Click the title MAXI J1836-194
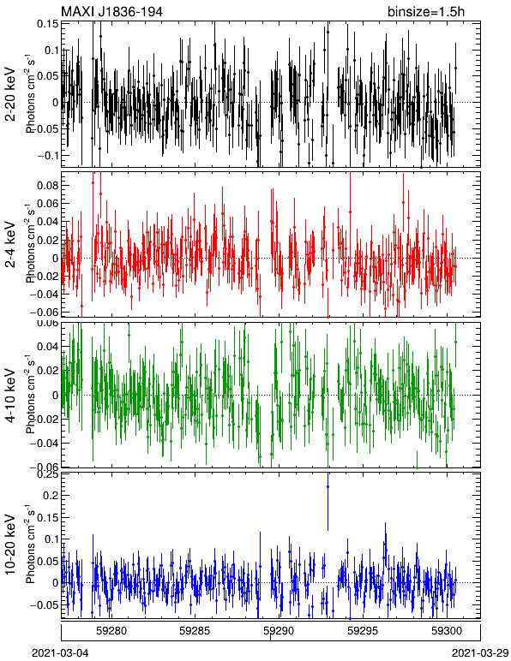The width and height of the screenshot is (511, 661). click(x=111, y=11)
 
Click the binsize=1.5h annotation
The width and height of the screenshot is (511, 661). click(x=426, y=11)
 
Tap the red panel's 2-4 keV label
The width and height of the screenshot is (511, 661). click(x=10, y=245)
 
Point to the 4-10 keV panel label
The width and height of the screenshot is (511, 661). click(x=10, y=395)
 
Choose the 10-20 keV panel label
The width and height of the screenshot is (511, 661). click(x=10, y=545)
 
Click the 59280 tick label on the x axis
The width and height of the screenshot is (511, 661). click(x=111, y=631)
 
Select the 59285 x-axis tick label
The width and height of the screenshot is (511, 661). click(x=195, y=631)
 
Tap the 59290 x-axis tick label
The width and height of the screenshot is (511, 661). click(x=279, y=631)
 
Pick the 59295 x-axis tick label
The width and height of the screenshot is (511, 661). click(x=363, y=631)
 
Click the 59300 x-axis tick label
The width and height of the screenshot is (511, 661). click(x=447, y=631)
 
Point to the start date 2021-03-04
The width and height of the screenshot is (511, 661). click(x=60, y=653)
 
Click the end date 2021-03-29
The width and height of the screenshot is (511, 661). click(x=480, y=653)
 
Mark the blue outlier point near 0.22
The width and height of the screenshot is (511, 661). click(x=328, y=487)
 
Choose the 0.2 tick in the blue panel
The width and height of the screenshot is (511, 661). click(x=51, y=495)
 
